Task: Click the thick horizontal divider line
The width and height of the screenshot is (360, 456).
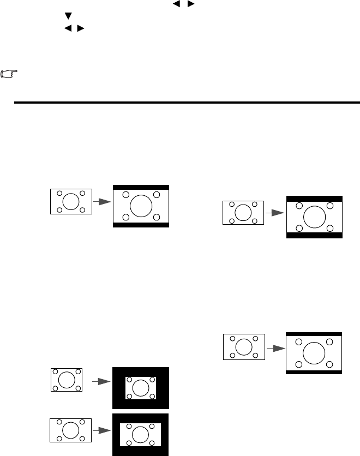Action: coord(185,102)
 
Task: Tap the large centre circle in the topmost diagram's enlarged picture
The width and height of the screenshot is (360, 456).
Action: coord(141,206)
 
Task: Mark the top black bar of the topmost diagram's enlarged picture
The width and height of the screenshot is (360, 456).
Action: coord(141,187)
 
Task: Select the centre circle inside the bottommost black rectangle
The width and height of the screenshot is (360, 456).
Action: coord(141,434)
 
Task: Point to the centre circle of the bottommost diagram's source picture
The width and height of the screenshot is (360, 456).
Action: coord(70,430)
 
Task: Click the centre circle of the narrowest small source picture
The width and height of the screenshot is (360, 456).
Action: coord(66,380)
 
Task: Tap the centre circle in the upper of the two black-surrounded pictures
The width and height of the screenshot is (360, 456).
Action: coord(141,388)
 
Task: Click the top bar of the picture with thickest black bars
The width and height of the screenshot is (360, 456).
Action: coord(314,199)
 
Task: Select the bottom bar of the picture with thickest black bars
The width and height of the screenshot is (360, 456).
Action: coord(314,235)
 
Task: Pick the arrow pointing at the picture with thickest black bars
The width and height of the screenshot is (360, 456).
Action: coord(275,213)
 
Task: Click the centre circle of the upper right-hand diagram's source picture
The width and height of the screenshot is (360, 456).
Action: coord(243,213)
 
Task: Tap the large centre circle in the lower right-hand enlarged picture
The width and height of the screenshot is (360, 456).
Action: coord(314,352)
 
